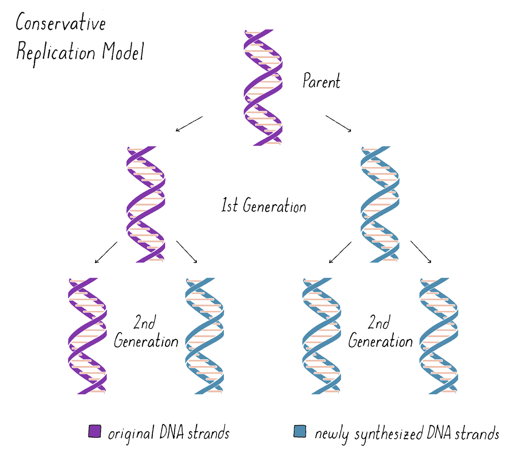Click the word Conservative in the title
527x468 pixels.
point(61,22)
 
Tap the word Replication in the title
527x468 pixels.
point(56,52)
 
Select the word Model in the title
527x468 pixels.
point(123,52)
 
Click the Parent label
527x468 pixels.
point(321,81)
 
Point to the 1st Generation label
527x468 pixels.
point(264,205)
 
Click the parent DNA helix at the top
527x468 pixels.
point(263,87)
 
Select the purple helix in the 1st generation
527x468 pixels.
point(146,204)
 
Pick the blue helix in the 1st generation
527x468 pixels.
point(380,204)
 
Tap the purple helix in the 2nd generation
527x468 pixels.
point(87,336)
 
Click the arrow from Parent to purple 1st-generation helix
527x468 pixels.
point(189,124)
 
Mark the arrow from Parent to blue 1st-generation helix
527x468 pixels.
point(339,124)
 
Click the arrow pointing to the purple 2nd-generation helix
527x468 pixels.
point(106,252)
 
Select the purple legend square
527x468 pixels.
point(95,431)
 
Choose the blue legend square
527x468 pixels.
point(300,431)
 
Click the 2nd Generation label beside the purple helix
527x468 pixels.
point(146,332)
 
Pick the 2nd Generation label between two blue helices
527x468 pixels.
point(380,332)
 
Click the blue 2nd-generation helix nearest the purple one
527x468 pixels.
point(205,336)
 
